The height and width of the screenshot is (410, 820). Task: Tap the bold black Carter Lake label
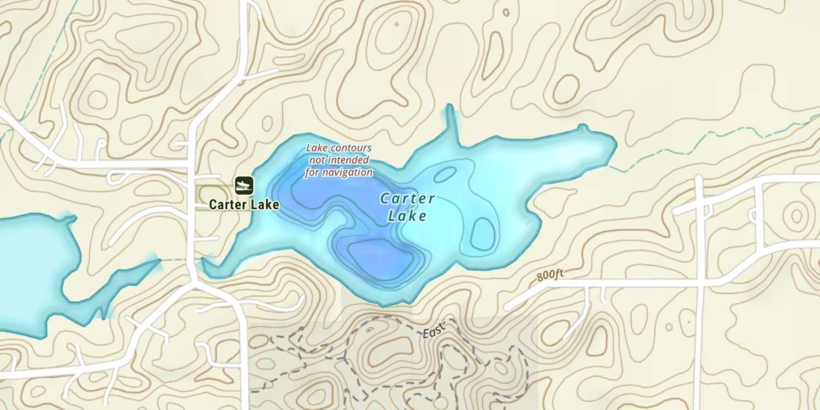click(244, 205)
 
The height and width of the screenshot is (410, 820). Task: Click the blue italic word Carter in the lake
click(408, 198)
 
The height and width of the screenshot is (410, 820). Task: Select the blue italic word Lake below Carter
click(407, 216)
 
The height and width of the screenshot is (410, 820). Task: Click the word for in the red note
click(314, 173)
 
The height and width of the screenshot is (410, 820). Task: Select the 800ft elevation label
click(550, 275)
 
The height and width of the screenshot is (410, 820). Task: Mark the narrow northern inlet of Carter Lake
click(451, 123)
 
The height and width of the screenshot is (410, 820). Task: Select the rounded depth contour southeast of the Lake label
click(482, 233)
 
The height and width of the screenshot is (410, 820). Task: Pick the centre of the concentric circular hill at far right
click(796, 213)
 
